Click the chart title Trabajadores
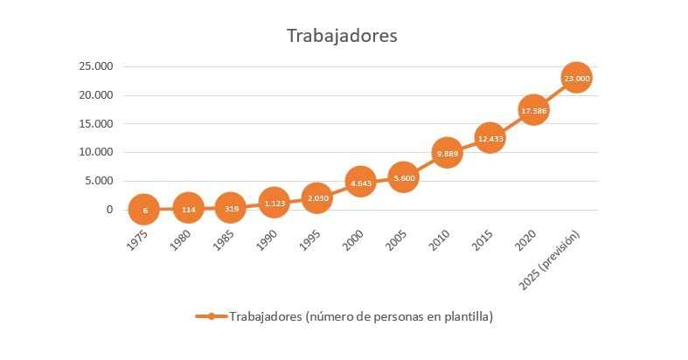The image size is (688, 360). (342, 36)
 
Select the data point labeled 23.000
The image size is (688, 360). (577, 78)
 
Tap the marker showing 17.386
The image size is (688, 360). (533, 110)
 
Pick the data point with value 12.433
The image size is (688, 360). (490, 138)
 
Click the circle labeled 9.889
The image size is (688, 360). (447, 153)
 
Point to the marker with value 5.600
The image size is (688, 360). (403, 177)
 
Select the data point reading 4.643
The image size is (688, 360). (360, 183)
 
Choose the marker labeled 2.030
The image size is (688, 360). (316, 197)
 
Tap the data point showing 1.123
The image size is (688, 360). (274, 203)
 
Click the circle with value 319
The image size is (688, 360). (230, 208)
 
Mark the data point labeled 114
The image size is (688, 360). (187, 209)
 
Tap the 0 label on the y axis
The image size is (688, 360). (110, 210)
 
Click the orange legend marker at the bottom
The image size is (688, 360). (212, 316)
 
